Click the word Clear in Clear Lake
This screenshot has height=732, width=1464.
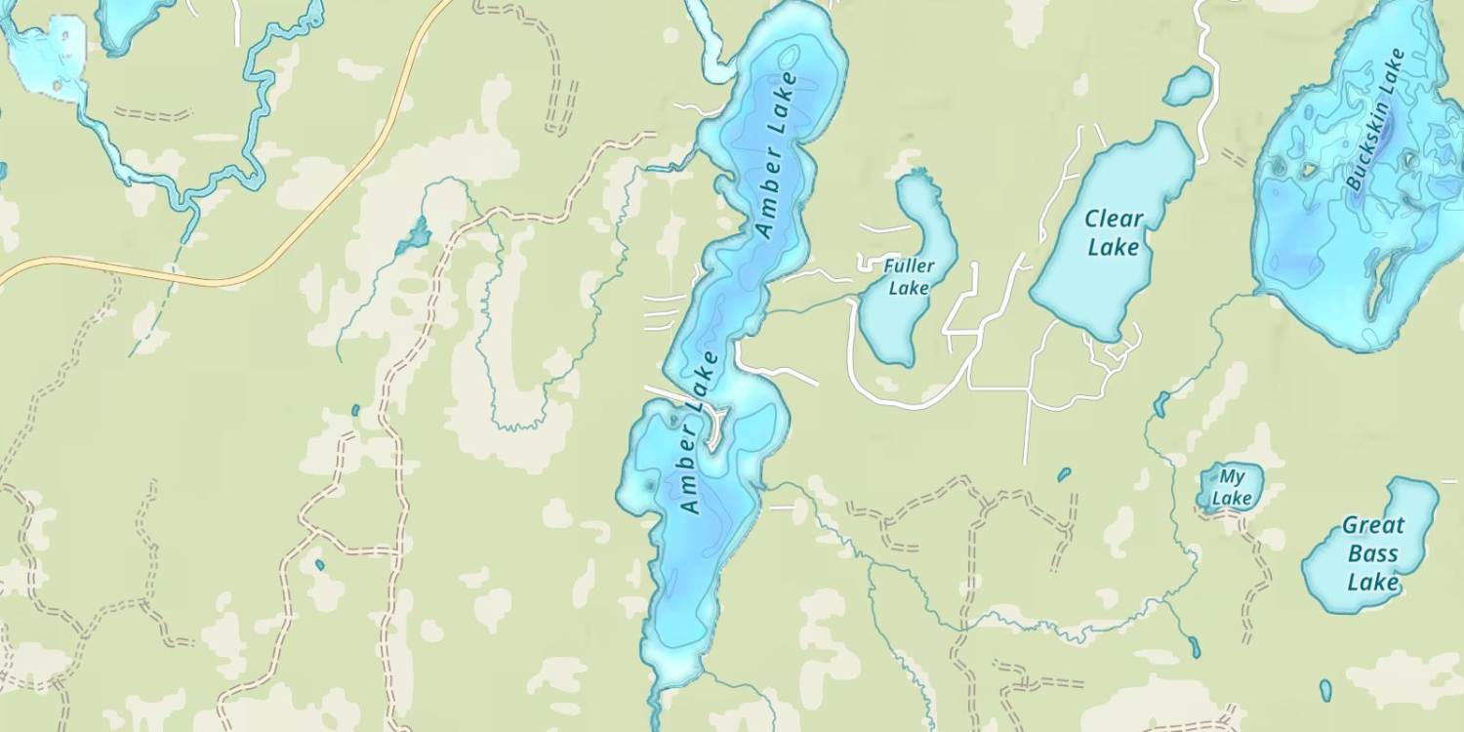(x=1114, y=219)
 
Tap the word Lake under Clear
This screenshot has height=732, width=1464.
(x=1114, y=247)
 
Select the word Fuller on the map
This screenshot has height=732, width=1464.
(x=910, y=265)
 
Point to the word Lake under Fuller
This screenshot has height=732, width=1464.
(x=909, y=288)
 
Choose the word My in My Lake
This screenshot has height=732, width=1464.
(x=1233, y=477)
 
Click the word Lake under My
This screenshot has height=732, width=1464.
(x=1232, y=498)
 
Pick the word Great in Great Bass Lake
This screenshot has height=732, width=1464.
(x=1373, y=525)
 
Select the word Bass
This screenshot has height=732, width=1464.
(x=1374, y=554)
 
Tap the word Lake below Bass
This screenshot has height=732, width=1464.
(x=1374, y=583)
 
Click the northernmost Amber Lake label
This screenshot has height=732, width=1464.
(x=777, y=154)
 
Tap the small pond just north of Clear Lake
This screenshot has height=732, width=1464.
(x=1188, y=86)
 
